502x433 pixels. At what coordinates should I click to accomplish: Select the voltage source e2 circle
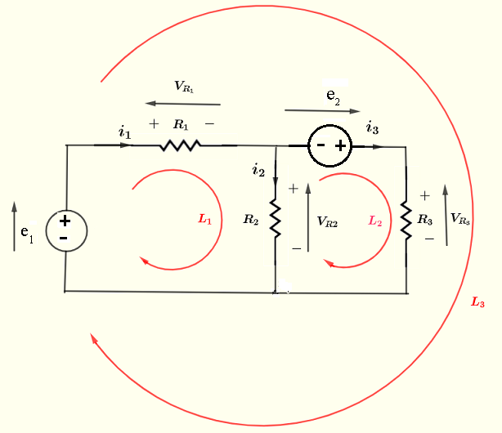pyautogui.click(x=329, y=146)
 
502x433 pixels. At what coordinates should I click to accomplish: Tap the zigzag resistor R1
pyautogui.click(x=181, y=145)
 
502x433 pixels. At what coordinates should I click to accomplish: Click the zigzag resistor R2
pyautogui.click(x=275, y=218)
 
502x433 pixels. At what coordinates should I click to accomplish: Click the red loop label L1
pyautogui.click(x=204, y=219)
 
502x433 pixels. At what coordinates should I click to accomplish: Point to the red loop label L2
pyautogui.click(x=375, y=220)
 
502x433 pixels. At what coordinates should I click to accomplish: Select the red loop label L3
pyautogui.click(x=478, y=302)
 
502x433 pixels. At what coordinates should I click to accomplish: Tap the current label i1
pyautogui.click(x=124, y=132)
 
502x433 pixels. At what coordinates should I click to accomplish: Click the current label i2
pyautogui.click(x=258, y=170)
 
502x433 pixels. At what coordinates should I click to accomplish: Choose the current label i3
pyautogui.click(x=372, y=127)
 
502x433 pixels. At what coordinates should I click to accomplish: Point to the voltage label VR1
pyautogui.click(x=184, y=86)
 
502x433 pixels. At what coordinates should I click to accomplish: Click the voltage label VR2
pyautogui.click(x=327, y=221)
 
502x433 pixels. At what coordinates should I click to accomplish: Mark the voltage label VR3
pyautogui.click(x=460, y=218)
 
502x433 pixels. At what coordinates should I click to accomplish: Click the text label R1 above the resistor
pyautogui.click(x=181, y=125)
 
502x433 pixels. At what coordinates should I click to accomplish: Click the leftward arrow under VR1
pyautogui.click(x=183, y=104)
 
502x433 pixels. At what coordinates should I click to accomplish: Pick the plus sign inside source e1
pyautogui.click(x=65, y=221)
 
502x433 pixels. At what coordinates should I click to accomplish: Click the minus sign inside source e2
pyautogui.click(x=320, y=146)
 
